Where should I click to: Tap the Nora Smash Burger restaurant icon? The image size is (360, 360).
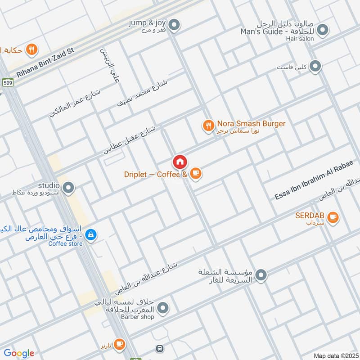click(208, 126)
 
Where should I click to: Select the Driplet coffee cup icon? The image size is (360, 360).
click(195, 173)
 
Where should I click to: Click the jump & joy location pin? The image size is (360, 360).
click(176, 24)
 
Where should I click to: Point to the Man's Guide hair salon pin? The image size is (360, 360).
click(322, 30)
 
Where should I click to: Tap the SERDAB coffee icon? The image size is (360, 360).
click(333, 217)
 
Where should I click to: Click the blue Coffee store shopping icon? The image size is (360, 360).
click(91, 235)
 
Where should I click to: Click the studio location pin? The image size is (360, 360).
click(68, 187)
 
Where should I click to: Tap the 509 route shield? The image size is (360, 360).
click(8, 83)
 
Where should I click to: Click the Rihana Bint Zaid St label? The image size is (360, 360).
click(45, 63)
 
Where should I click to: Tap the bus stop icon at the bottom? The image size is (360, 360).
click(159, 348)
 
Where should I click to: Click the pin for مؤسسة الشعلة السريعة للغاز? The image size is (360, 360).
click(261, 274)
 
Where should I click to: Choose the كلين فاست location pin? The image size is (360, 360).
click(315, 67)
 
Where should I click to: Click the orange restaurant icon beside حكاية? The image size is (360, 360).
click(31, 49)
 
